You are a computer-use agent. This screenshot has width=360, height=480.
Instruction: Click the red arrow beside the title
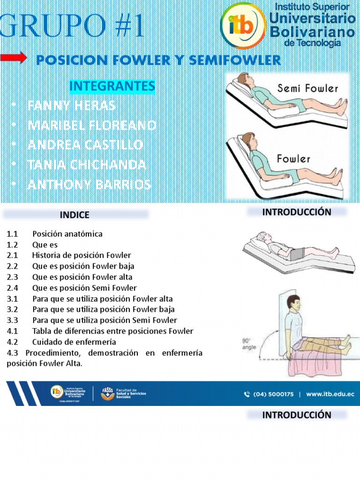(x=13, y=58)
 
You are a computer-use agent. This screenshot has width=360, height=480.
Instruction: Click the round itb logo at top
(x=242, y=26)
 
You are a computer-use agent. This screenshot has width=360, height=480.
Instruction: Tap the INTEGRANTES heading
(x=112, y=86)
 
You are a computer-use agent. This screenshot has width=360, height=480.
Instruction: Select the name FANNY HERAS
(x=71, y=105)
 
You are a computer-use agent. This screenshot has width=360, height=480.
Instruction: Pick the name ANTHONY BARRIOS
(x=89, y=185)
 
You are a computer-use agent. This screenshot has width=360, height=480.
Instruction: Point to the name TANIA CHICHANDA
(x=87, y=165)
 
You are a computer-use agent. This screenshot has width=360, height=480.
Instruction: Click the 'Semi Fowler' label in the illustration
(x=307, y=88)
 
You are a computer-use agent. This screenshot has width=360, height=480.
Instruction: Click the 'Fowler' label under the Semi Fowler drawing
(x=294, y=158)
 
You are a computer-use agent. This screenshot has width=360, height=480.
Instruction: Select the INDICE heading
(x=75, y=215)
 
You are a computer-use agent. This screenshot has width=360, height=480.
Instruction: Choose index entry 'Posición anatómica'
(x=67, y=233)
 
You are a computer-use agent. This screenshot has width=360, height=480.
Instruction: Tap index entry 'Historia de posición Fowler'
(x=82, y=255)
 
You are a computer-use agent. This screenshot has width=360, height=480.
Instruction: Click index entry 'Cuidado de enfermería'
(x=74, y=342)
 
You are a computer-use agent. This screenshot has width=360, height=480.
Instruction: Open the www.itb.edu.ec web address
(x=330, y=394)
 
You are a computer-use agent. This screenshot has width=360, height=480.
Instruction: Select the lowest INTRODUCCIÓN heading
(x=296, y=415)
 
